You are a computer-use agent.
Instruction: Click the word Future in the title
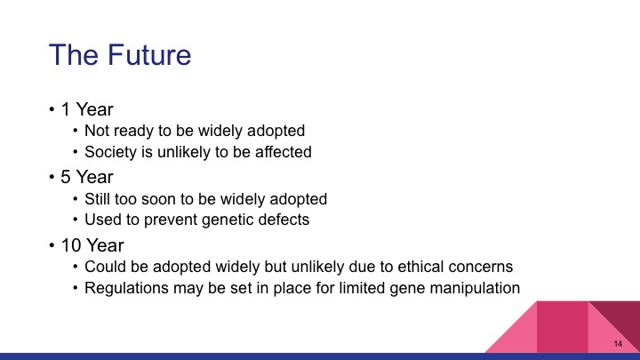pyautogui.click(x=144, y=55)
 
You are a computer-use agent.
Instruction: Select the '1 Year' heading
pyautogui.click(x=87, y=109)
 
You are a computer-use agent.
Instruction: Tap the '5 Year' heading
pyautogui.click(x=87, y=177)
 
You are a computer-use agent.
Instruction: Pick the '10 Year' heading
pyautogui.click(x=92, y=244)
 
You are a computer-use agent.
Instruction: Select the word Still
pyautogui.click(x=99, y=198)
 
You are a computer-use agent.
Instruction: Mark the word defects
pyautogui.click(x=276, y=220)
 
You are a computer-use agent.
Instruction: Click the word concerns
pyautogui.click(x=481, y=266)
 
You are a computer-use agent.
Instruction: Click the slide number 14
pyautogui.click(x=617, y=344)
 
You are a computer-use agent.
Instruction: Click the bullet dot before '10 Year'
pyautogui.click(x=52, y=245)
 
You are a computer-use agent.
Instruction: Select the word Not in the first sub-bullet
pyautogui.click(x=97, y=131)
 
